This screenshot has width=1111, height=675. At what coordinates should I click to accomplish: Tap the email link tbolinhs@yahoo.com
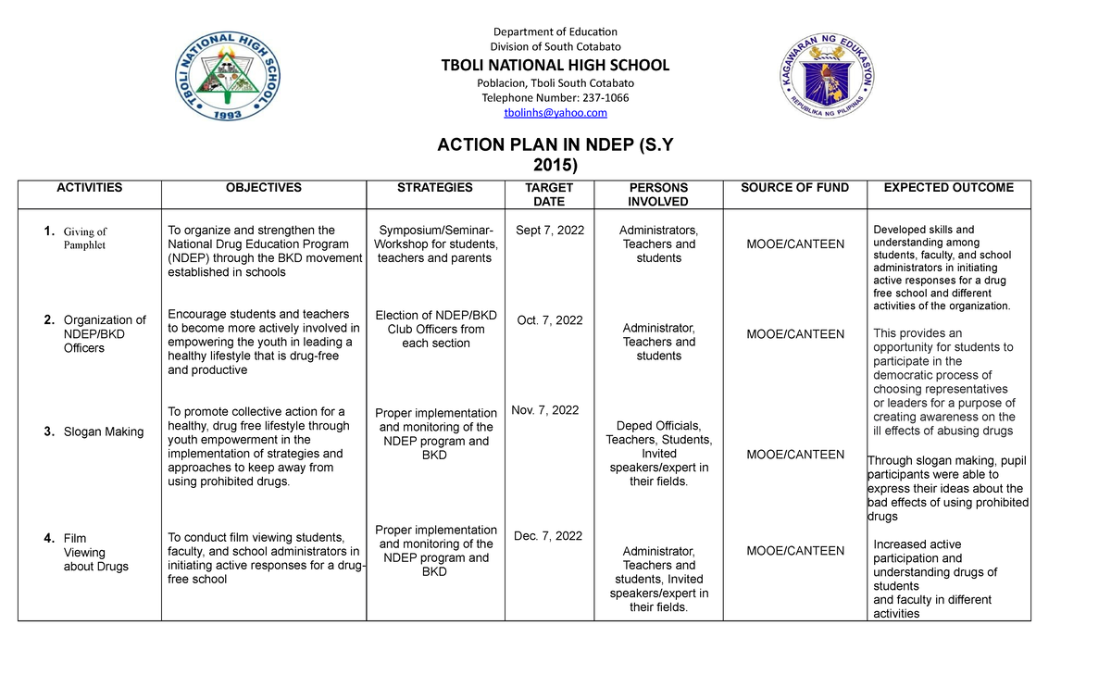(x=555, y=113)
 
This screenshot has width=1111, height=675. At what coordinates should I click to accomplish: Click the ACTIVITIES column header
(x=89, y=188)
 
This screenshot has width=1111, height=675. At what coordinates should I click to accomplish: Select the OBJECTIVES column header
(x=264, y=188)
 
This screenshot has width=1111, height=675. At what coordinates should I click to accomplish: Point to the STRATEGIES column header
(x=434, y=188)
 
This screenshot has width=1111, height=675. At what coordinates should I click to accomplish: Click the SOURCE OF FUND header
(x=794, y=188)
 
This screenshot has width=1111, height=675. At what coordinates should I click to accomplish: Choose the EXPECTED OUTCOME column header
(x=949, y=188)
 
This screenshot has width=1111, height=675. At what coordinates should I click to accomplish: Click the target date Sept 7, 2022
(x=550, y=231)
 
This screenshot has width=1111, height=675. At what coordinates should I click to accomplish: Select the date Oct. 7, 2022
(x=550, y=320)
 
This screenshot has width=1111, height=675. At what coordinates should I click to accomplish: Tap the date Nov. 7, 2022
(x=545, y=410)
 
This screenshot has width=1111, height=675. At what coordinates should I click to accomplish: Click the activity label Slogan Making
(x=104, y=432)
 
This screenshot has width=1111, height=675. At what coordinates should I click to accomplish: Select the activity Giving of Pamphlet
(x=85, y=239)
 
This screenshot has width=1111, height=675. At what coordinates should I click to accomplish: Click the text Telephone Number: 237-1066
(x=555, y=98)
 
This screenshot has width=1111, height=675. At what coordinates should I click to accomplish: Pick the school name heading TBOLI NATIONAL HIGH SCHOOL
(x=555, y=65)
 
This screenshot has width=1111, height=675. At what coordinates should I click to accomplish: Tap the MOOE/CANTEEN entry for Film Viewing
(x=795, y=551)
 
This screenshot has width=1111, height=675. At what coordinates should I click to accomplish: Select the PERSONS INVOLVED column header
(x=658, y=194)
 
